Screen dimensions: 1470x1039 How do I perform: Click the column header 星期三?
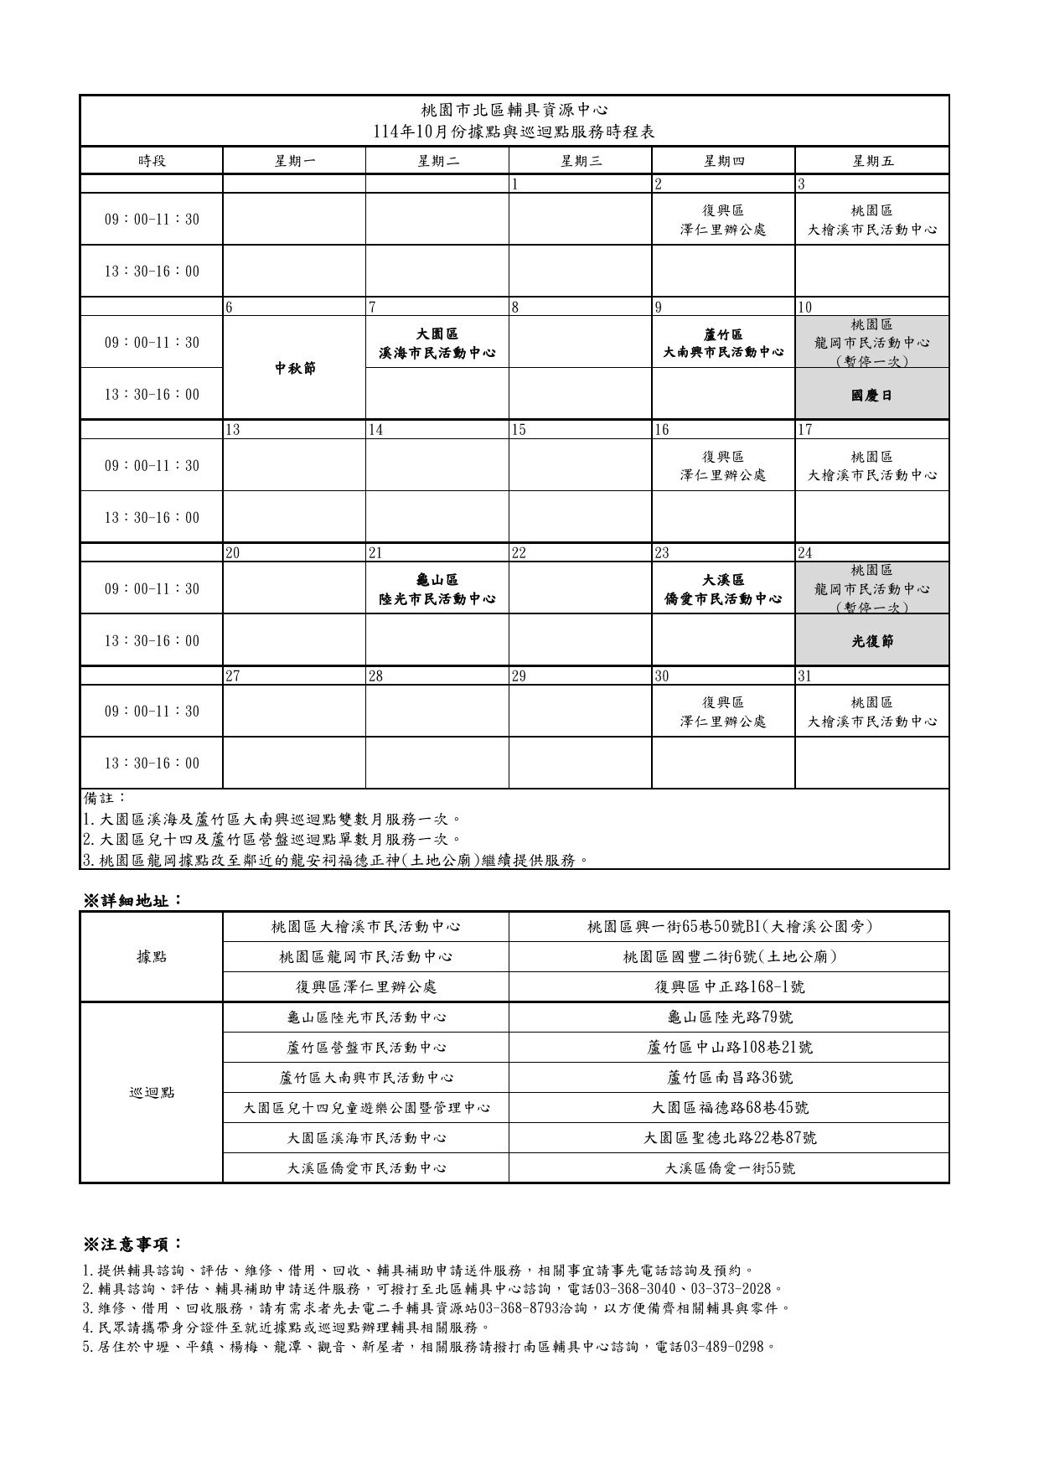coord(580,161)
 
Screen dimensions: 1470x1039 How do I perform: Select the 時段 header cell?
coord(152,161)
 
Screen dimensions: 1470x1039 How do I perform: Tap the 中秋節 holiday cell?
coord(295,368)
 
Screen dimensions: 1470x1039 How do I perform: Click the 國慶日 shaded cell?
coord(871,395)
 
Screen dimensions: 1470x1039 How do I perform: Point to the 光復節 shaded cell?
coord(871,641)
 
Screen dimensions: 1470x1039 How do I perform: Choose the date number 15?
coord(519,430)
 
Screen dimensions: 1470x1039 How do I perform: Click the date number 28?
coord(375,676)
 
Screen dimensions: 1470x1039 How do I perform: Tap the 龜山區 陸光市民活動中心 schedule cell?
coord(437,589)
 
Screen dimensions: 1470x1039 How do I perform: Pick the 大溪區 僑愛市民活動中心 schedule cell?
coord(722,589)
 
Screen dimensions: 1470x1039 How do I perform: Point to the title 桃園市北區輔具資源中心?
coord(514,110)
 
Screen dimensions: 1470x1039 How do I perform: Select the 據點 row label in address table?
coord(152,956)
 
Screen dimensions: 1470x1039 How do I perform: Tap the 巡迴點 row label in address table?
coord(152,1092)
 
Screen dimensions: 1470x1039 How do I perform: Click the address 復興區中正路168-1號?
coord(729,986)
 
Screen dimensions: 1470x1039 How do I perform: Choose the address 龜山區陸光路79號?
coord(729,1017)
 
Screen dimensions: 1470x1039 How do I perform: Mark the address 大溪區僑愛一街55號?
coord(729,1167)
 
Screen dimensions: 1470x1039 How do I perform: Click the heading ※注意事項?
coord(132,1243)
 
